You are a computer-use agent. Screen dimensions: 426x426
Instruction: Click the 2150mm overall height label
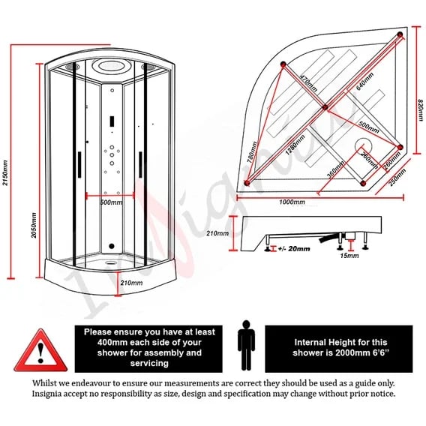(5, 172)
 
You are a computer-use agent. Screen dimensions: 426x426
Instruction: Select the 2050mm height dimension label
(34, 225)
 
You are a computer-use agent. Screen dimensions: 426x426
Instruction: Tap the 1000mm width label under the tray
(292, 202)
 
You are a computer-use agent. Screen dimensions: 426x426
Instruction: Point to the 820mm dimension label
(421, 110)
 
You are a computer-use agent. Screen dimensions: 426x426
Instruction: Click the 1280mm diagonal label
(295, 145)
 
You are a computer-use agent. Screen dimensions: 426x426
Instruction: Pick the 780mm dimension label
(252, 152)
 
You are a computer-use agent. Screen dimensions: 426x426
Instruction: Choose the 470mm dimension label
(309, 82)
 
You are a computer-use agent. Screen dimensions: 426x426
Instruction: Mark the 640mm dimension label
(364, 81)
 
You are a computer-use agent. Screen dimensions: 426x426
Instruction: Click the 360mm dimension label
(335, 169)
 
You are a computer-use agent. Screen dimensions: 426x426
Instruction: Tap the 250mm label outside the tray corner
(397, 177)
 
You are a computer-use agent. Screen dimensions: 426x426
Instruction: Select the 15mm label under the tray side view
(349, 256)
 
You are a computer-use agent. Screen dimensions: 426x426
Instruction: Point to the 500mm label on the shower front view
(112, 202)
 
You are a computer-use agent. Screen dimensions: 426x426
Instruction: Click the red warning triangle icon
(40, 350)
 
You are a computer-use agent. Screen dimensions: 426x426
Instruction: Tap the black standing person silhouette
(246, 345)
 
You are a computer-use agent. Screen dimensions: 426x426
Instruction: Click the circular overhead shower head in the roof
(112, 66)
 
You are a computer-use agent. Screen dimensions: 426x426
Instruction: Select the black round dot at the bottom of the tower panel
(112, 246)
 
